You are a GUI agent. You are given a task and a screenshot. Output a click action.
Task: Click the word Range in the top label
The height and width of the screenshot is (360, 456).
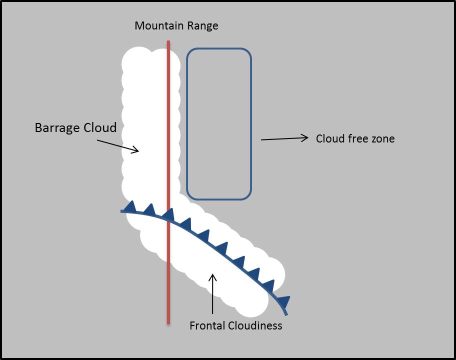tap(201, 25)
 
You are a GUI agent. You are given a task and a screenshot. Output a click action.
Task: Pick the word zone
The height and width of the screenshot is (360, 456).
tap(383, 139)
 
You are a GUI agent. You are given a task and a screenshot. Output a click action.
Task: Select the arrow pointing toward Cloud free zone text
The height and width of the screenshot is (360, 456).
tap(284, 138)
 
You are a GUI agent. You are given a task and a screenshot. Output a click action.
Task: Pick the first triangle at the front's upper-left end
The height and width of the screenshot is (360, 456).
tap(131, 205)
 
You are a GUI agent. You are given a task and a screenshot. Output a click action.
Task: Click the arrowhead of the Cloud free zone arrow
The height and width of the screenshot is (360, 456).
tap(304, 137)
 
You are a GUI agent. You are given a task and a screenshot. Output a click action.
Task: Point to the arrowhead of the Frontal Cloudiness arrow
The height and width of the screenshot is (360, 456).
tap(213, 276)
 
